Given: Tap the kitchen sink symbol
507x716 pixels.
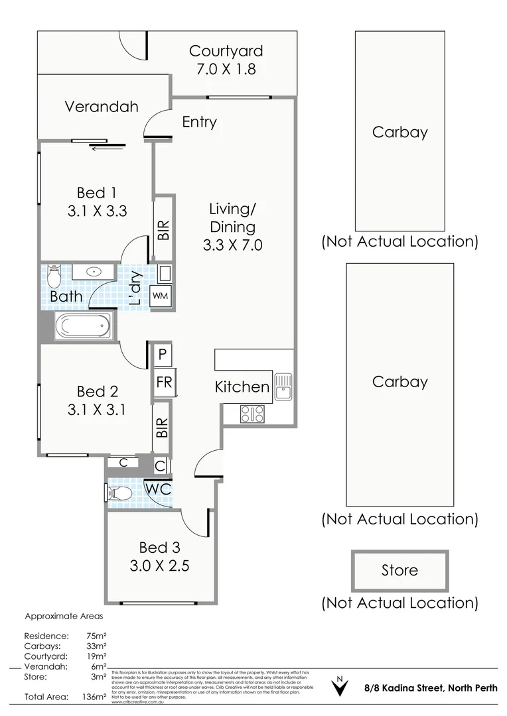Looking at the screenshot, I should (x=283, y=387).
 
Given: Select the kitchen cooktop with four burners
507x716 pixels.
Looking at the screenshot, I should (x=252, y=414).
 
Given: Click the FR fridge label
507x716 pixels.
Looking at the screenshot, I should (x=164, y=383).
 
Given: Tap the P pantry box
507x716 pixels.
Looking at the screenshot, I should (x=162, y=355).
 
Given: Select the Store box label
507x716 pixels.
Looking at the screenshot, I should (x=399, y=570).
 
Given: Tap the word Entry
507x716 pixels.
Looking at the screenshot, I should (x=199, y=122).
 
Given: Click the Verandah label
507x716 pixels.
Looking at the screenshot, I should (x=102, y=106).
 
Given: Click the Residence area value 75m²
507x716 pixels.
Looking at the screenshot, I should (x=98, y=635).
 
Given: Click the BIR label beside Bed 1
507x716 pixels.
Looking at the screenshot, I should (x=164, y=229).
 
